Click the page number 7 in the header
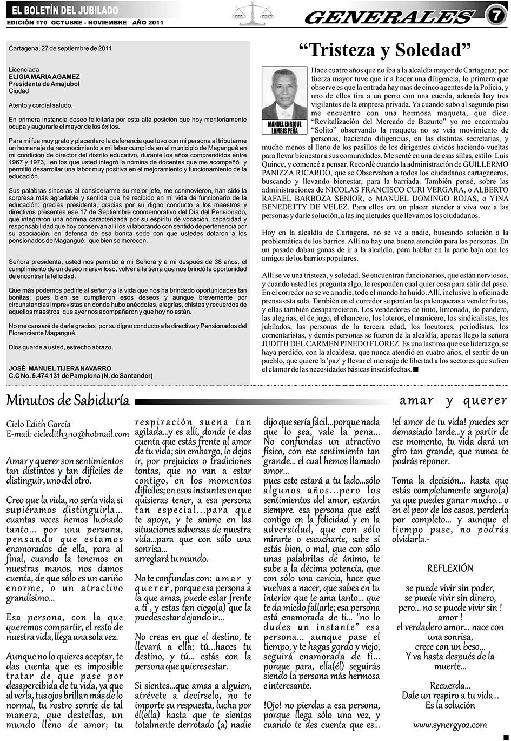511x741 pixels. [x=495, y=15]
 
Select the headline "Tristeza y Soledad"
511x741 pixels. [x=385, y=50]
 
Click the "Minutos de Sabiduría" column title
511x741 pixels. [x=68, y=400]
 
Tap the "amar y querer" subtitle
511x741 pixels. [x=453, y=400]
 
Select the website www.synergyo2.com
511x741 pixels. [x=450, y=725]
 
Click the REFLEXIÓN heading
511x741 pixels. [x=450, y=568]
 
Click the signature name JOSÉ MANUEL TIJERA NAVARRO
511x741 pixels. [x=60, y=368]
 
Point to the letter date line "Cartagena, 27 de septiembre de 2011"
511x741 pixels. [x=60, y=48]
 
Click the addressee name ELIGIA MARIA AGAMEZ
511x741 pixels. [x=44, y=77]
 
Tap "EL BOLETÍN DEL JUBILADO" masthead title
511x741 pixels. [x=64, y=10]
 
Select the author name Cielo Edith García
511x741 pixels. [x=39, y=424]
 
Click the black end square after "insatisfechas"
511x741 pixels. [x=416, y=369]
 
